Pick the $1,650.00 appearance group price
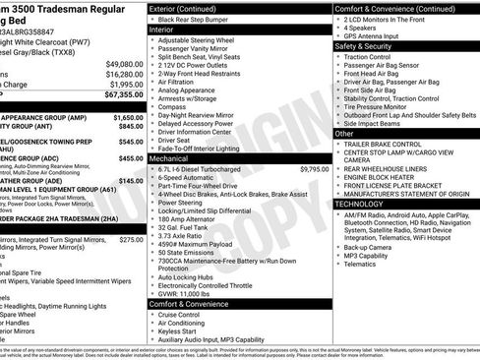124,115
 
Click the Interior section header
161,30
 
